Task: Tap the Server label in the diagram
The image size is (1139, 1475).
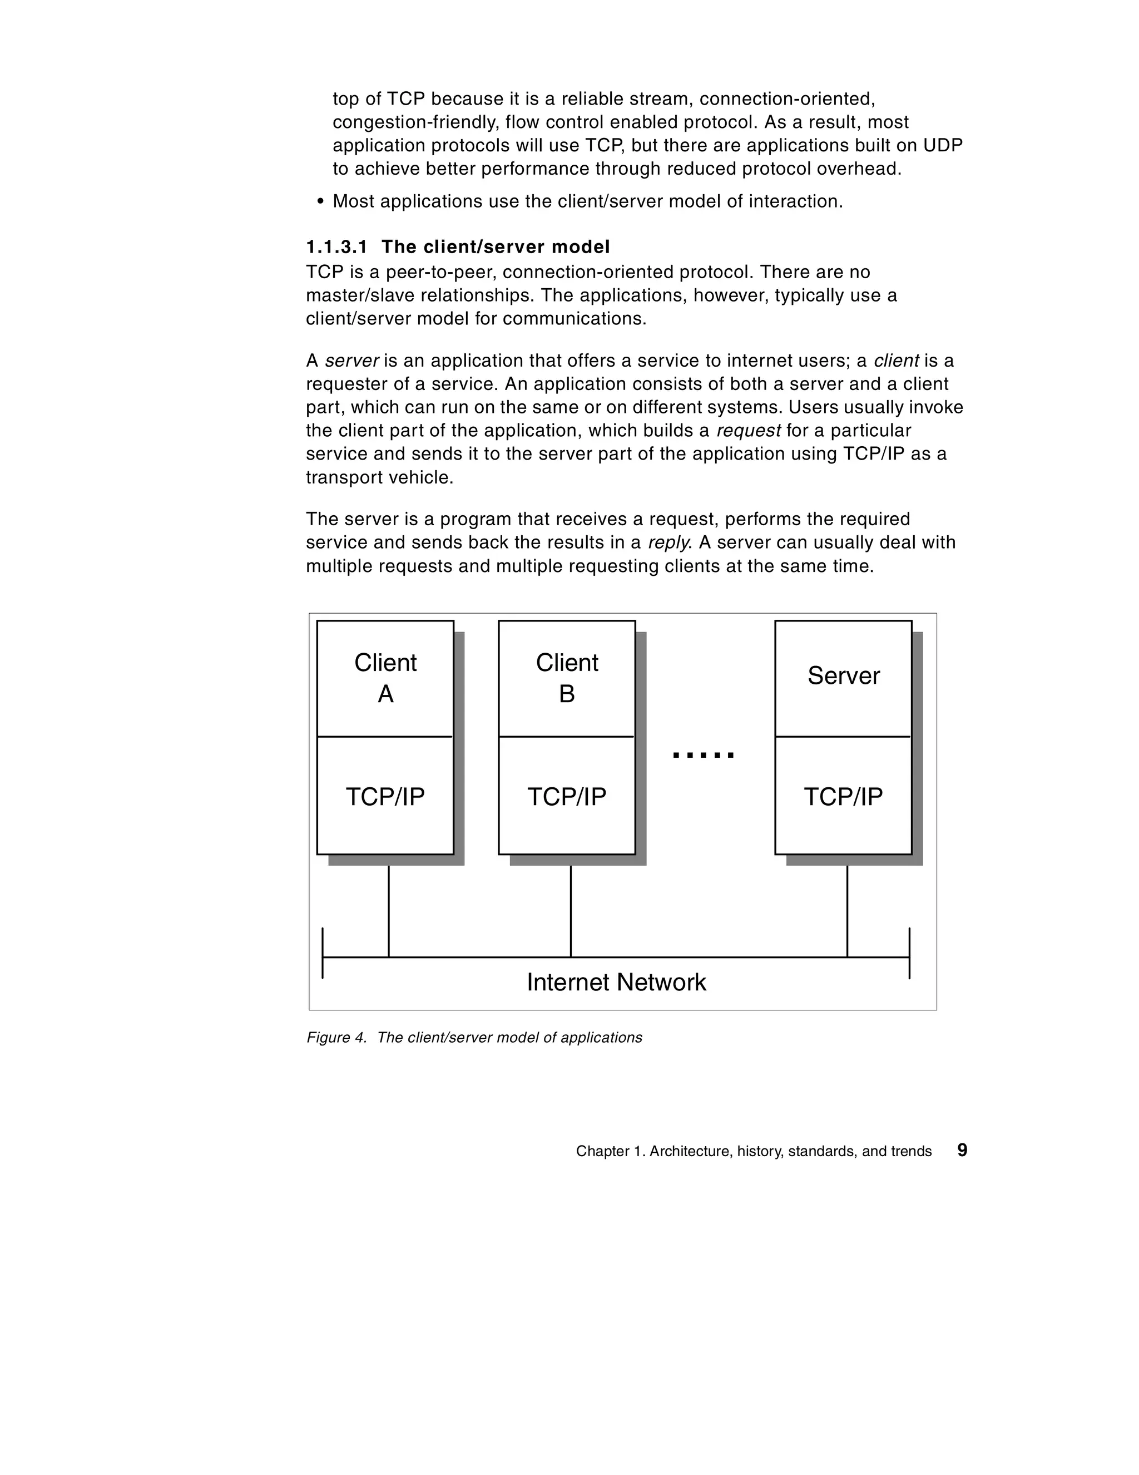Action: click(x=843, y=675)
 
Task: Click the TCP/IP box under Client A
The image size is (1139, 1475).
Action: click(x=385, y=796)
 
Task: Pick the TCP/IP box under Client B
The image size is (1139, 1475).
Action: click(x=567, y=796)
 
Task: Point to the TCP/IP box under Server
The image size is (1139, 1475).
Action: click(x=843, y=796)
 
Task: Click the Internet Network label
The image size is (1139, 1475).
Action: click(x=616, y=982)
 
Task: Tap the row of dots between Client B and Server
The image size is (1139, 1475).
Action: click(x=703, y=755)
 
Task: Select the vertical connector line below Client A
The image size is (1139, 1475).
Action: click(x=389, y=912)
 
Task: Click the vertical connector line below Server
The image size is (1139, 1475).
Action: click(x=848, y=912)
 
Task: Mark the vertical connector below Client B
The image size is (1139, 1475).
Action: click(x=571, y=912)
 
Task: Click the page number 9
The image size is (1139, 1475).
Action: click(x=962, y=1150)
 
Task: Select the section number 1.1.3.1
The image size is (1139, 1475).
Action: click(x=337, y=247)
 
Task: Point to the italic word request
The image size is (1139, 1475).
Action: click(x=748, y=431)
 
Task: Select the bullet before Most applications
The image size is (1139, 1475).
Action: click(x=320, y=202)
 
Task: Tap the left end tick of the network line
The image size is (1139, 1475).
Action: click(x=323, y=953)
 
